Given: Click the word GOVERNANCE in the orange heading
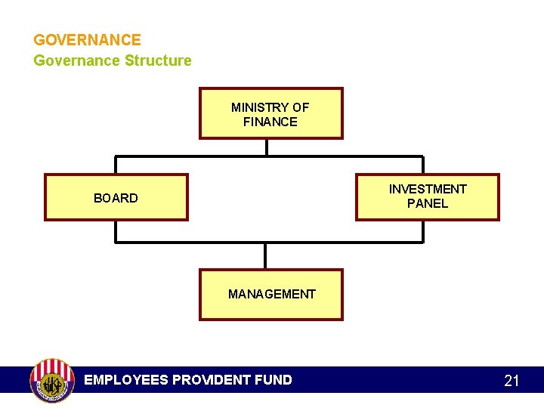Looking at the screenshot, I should coord(87,40).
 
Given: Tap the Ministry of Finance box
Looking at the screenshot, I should coord(270,113).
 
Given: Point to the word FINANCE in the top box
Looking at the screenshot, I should coord(270,122).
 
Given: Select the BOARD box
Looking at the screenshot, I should coord(116,197).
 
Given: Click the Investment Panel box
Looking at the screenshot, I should coord(428,196).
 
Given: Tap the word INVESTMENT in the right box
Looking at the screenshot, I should coord(428,189).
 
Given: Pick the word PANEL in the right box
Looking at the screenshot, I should coord(428,203).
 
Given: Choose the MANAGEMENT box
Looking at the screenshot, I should coord(270,295).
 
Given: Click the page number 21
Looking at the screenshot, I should coord(512,381).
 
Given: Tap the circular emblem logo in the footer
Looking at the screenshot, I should coord(51,380).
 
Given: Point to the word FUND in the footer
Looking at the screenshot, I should coord(274,380).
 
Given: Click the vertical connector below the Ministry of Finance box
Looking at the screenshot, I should coord(267,147).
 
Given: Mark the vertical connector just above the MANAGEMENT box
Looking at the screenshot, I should coord(266,256).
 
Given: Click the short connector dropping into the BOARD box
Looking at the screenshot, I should coord(116,165).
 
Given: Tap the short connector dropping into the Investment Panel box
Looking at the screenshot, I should coord(422,165).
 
